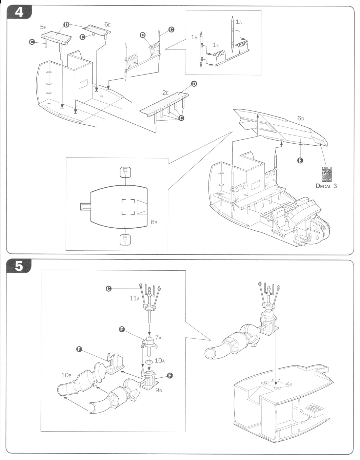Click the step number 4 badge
[x=19, y=13]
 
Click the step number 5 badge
[x=19, y=266]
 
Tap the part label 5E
[x=43, y=27]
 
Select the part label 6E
[x=107, y=24]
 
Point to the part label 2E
[x=165, y=92]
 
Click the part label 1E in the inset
[x=216, y=45]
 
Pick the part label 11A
[x=135, y=298]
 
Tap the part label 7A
[x=158, y=337]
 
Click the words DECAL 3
[x=326, y=186]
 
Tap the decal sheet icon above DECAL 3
[x=326, y=174]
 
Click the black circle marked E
[x=300, y=161]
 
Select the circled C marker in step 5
[x=108, y=289]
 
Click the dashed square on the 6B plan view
[x=128, y=207]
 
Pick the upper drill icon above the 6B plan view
[x=125, y=172]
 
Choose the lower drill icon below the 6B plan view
[x=125, y=240]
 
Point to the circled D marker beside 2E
[x=194, y=84]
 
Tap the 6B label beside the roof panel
[x=301, y=118]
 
